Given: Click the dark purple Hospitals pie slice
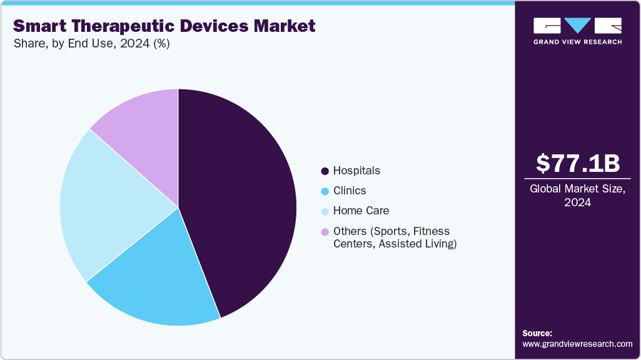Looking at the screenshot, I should coord(244,200).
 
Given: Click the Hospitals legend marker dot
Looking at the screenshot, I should coord(325,171).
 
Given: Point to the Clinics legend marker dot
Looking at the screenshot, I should coord(325,191).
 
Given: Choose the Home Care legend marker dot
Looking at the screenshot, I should coord(325,211).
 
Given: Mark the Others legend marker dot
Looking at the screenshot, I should coord(325,232).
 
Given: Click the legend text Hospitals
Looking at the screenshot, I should coord(356,171).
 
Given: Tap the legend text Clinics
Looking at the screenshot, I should coord(350,191).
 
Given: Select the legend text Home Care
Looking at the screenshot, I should coord(361,211).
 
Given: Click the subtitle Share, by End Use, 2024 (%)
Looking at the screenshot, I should coord(91,44).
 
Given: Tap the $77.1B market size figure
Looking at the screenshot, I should coord(578,163).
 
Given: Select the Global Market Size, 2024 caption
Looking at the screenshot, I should coord(578,196).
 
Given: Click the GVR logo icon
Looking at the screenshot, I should coord(578,26).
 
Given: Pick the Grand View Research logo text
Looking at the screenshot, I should coord(578,42).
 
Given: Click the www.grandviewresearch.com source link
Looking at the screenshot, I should coord(577,344).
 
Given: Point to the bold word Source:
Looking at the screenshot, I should coord(537,333).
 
